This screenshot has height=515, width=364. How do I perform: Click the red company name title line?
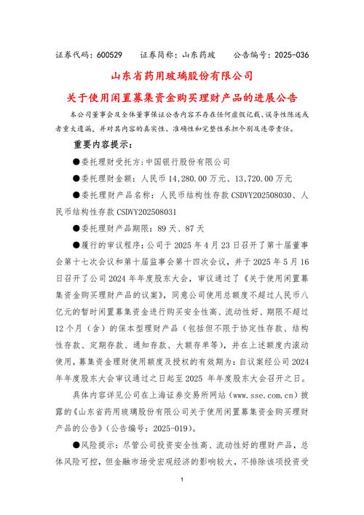click(x=181, y=76)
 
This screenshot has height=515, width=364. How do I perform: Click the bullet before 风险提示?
click(x=76, y=446)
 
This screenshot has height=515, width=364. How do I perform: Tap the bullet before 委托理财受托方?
click(x=76, y=161)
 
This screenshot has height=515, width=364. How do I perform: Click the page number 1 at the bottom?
click(x=181, y=481)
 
